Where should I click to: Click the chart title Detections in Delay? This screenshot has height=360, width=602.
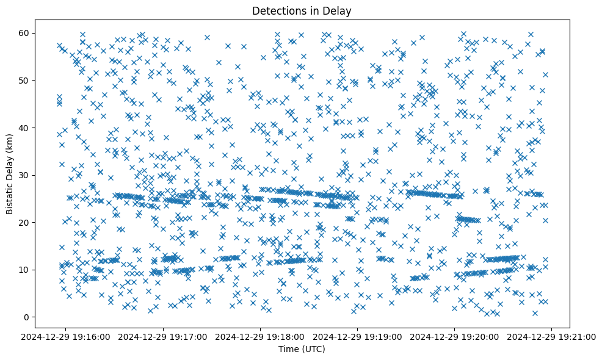click(x=302, y=10)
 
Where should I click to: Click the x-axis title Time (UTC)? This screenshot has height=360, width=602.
click(x=302, y=349)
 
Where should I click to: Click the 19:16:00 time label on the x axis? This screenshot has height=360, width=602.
click(x=67, y=336)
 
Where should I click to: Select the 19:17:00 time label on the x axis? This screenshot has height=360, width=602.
click(x=164, y=336)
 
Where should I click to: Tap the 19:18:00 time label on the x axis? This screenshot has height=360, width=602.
click(x=261, y=336)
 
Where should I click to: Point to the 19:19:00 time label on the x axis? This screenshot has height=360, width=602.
click(x=358, y=336)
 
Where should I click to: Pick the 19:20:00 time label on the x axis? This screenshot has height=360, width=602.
click(x=455, y=336)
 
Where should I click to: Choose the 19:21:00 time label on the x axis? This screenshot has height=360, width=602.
click(x=552, y=336)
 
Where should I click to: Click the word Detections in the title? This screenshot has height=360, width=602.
click(x=278, y=10)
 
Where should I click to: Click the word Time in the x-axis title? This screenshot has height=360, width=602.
click(x=289, y=349)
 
